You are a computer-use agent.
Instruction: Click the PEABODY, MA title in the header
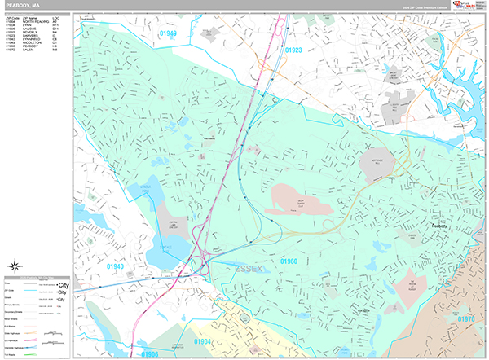(x=20, y=6)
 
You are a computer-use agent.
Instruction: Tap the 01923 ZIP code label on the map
(x=293, y=50)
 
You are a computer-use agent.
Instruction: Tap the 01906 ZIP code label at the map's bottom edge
(x=149, y=354)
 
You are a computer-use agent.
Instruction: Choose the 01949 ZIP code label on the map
(x=167, y=33)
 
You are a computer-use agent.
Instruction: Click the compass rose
(x=15, y=266)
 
